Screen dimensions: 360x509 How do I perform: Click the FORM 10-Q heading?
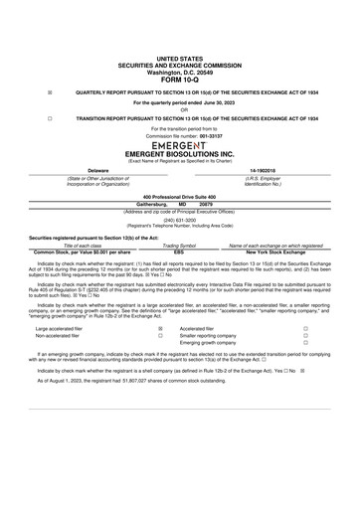(179, 80)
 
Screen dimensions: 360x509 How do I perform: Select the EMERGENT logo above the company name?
(179, 144)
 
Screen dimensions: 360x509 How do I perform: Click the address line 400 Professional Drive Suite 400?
(179, 197)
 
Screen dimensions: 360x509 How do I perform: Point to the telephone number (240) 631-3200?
(179, 221)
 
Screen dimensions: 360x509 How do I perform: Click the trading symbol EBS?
(179, 251)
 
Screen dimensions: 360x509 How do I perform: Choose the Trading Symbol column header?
(179, 244)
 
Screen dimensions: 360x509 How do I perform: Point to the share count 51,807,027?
(135, 408)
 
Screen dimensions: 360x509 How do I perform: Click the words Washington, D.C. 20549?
(179, 73)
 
